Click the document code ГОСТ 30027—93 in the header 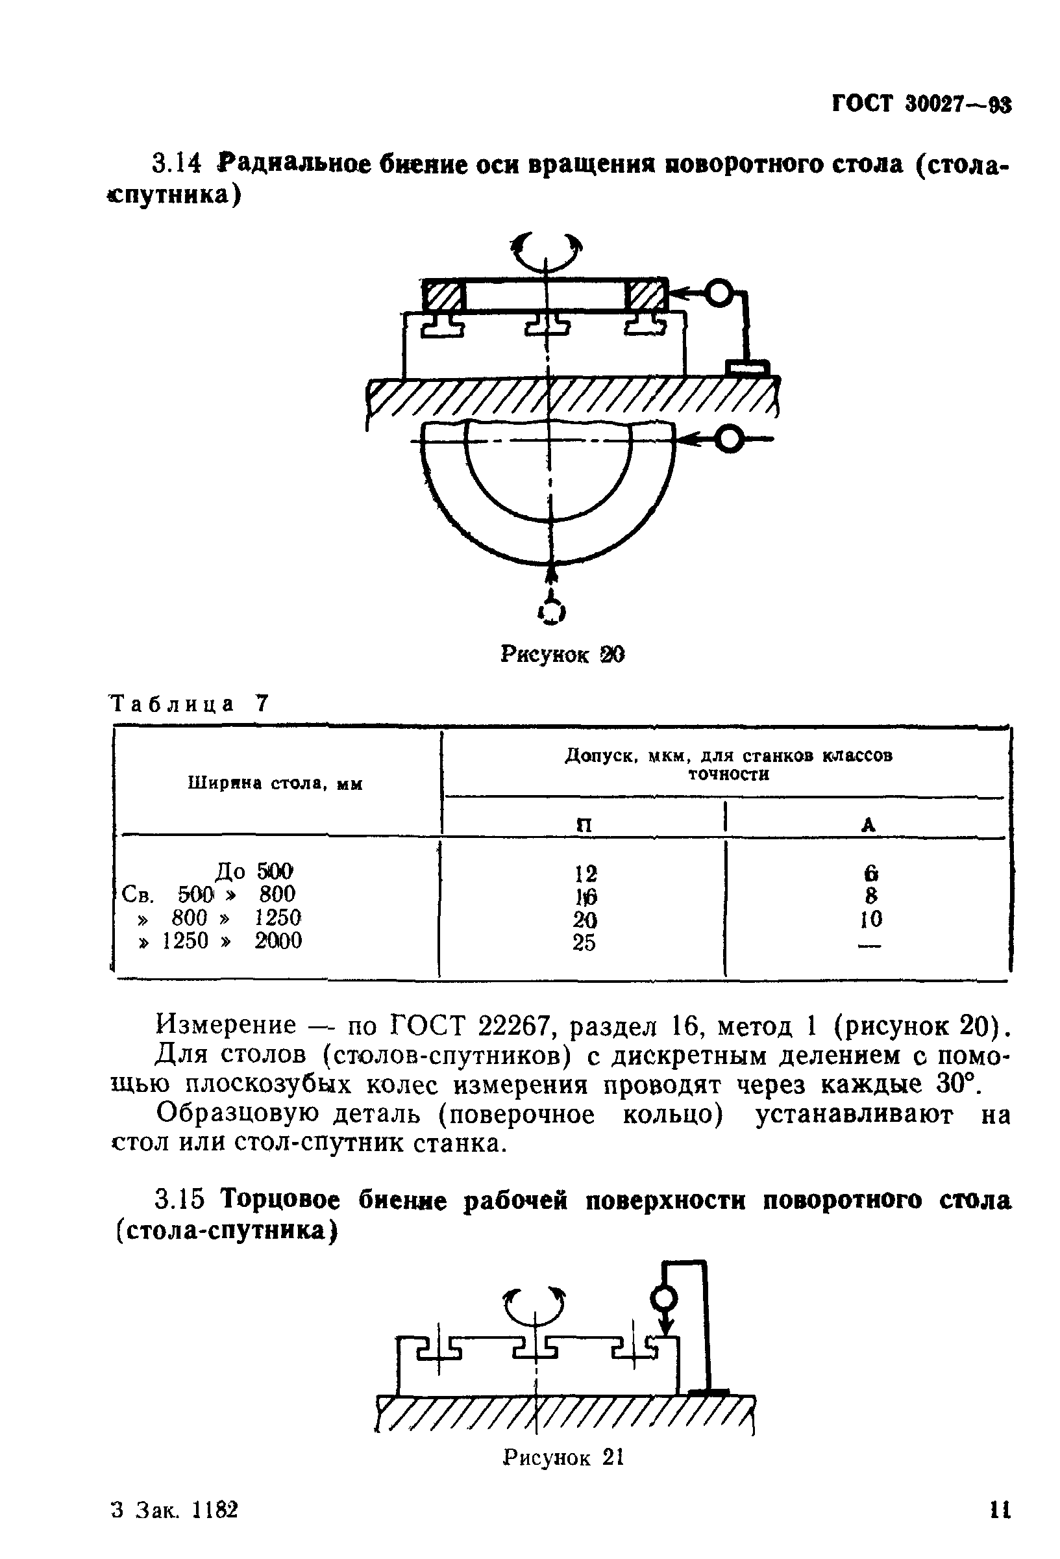tap(920, 105)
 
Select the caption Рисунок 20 tap(562, 654)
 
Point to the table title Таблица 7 tap(189, 703)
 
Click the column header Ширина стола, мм tap(275, 783)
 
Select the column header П tap(584, 824)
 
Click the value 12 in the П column tap(585, 873)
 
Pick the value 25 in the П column tap(584, 943)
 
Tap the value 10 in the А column tap(870, 919)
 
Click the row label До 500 tap(253, 870)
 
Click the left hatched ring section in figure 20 tap(443, 295)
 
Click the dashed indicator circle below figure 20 tap(552, 611)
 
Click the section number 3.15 tap(179, 1198)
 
